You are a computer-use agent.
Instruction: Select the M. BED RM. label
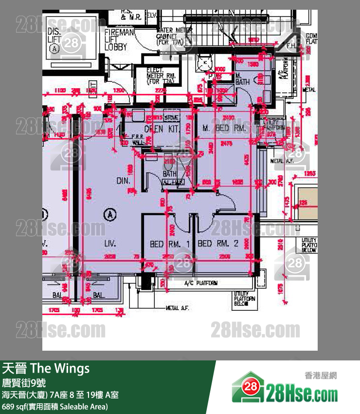click(224, 128)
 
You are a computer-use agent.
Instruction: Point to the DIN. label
click(122, 181)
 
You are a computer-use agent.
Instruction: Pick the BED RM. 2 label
click(218, 243)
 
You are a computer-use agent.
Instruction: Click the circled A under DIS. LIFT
click(54, 48)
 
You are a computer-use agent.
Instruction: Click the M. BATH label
click(242, 79)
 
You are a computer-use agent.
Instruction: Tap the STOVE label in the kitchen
click(172, 117)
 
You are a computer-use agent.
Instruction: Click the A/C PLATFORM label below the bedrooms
click(201, 283)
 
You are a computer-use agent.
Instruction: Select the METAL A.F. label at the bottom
click(178, 308)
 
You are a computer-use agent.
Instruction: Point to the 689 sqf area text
click(54, 406)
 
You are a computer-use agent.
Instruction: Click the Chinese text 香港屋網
click(321, 376)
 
